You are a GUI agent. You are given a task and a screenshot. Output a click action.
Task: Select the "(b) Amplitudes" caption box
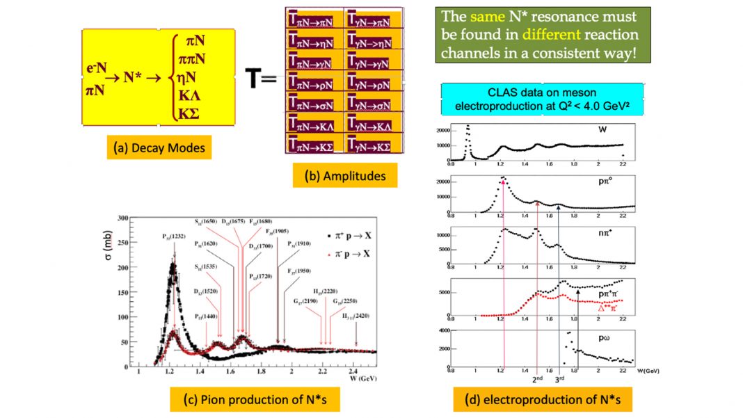pyautogui.click(x=345, y=176)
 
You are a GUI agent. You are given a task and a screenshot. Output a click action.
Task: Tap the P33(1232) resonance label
pyautogui.click(x=174, y=236)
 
